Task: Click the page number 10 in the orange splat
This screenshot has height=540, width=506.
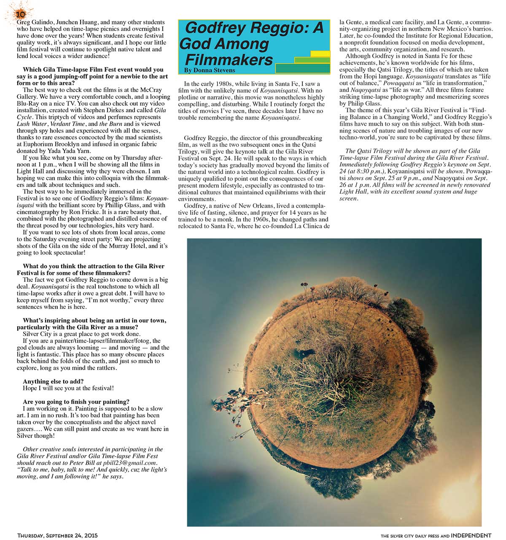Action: coord(20,14)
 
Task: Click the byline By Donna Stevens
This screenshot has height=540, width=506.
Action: coord(210,70)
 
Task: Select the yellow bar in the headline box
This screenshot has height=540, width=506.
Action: coord(320,54)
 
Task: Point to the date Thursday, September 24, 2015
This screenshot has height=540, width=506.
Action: coord(57,535)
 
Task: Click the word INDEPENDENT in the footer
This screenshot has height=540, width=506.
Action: coord(471,535)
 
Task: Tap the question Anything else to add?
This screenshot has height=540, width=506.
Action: coord(53,381)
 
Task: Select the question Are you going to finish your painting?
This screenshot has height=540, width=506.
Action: coord(76,402)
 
